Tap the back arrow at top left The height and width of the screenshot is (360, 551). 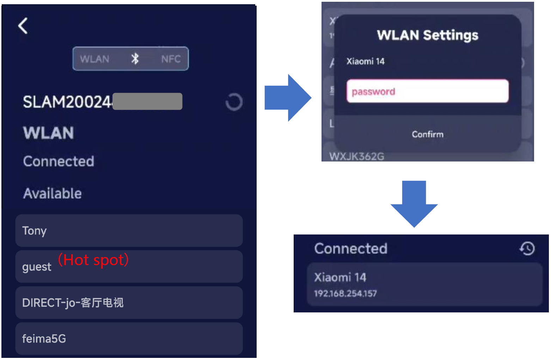(x=23, y=26)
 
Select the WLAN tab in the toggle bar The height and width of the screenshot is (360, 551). (x=94, y=59)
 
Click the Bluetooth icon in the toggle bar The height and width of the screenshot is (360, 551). (x=135, y=59)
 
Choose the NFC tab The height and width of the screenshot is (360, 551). (x=171, y=59)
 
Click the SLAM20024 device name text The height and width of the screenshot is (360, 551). (x=67, y=102)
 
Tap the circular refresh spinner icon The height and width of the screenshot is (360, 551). (x=234, y=102)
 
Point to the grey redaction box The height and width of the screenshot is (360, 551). (x=147, y=102)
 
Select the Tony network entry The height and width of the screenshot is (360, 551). (x=129, y=231)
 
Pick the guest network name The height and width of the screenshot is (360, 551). (x=37, y=267)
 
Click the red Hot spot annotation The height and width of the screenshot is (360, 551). (x=93, y=260)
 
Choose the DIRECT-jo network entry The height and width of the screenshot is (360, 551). (x=129, y=303)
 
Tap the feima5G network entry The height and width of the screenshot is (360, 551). (x=129, y=338)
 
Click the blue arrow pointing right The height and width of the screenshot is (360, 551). (x=288, y=98)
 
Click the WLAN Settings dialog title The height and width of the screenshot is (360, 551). (x=427, y=35)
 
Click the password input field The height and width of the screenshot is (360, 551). (x=427, y=91)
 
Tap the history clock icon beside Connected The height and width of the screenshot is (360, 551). (x=527, y=249)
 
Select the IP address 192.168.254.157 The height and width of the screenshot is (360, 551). (x=345, y=293)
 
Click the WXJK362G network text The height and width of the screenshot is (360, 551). (x=357, y=156)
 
